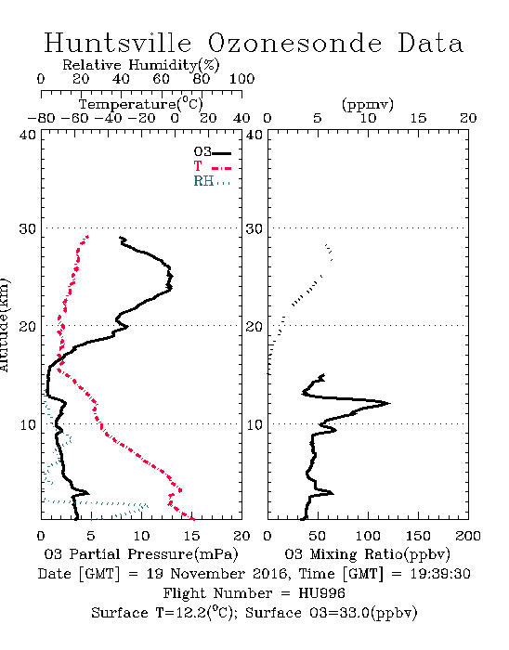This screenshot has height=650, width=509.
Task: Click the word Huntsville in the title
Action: [118, 43]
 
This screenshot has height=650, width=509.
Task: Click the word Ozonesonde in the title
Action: [294, 43]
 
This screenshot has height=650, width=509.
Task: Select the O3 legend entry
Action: [212, 152]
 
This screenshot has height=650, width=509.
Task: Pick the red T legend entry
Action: [212, 166]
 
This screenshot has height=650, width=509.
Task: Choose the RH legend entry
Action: [212, 181]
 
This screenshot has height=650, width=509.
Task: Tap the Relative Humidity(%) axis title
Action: [141, 65]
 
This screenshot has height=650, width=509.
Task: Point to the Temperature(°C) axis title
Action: [141, 104]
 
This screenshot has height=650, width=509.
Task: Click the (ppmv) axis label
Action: [368, 104]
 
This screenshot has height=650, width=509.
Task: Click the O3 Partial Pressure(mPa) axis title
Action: [141, 554]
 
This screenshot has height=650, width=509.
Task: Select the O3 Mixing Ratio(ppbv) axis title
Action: [367, 554]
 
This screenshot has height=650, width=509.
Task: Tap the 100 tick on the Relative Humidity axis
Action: [241, 79]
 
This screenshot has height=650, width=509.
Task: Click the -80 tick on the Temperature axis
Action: [41, 119]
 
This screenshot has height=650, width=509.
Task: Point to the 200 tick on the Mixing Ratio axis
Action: [468, 536]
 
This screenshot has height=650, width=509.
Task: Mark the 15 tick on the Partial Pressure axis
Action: [191, 536]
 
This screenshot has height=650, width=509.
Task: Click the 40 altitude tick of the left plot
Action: [28, 136]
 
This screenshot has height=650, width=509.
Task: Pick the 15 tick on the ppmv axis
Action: [418, 119]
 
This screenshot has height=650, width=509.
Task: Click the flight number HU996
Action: [321, 593]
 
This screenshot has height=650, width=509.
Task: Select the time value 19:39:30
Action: [440, 574]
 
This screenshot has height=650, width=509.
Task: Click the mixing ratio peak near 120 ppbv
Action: [389, 403]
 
